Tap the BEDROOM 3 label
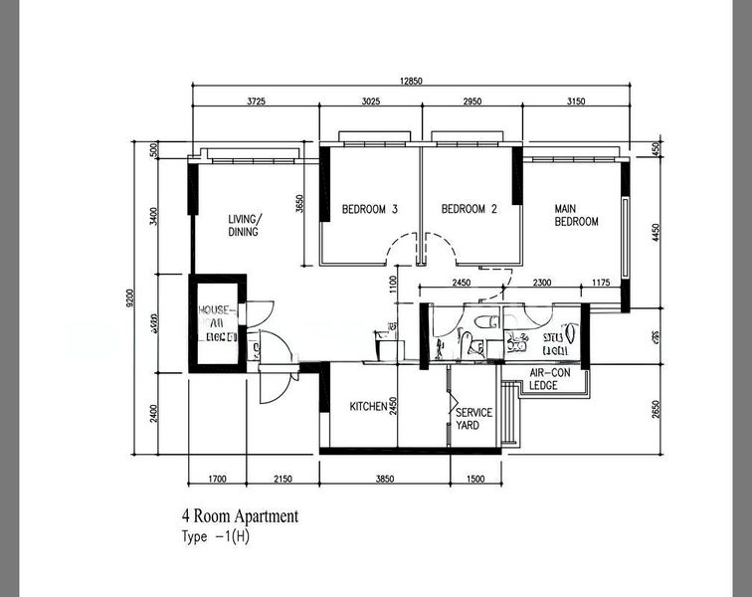coord(370,209)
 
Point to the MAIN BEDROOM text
coord(576,215)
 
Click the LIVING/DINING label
coord(243,226)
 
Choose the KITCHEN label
coord(367,407)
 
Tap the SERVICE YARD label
coord(473,419)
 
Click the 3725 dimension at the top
coord(257,100)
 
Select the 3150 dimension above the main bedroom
coord(575,100)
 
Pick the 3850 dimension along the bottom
coord(385,480)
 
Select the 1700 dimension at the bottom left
coord(217,480)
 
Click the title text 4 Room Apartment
coord(239,516)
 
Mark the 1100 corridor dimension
coord(393,286)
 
